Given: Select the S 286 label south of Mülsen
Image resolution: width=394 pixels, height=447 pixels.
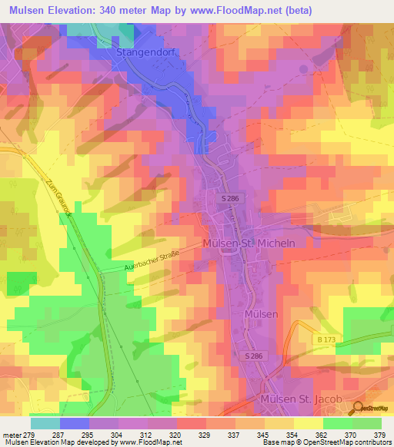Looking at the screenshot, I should [x=254, y=356].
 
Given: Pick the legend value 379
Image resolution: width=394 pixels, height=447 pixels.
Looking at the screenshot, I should [x=379, y=434].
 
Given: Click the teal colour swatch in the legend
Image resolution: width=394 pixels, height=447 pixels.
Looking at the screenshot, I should [x=45, y=422].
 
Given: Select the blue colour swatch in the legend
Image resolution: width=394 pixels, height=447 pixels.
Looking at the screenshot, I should [x=75, y=422].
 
